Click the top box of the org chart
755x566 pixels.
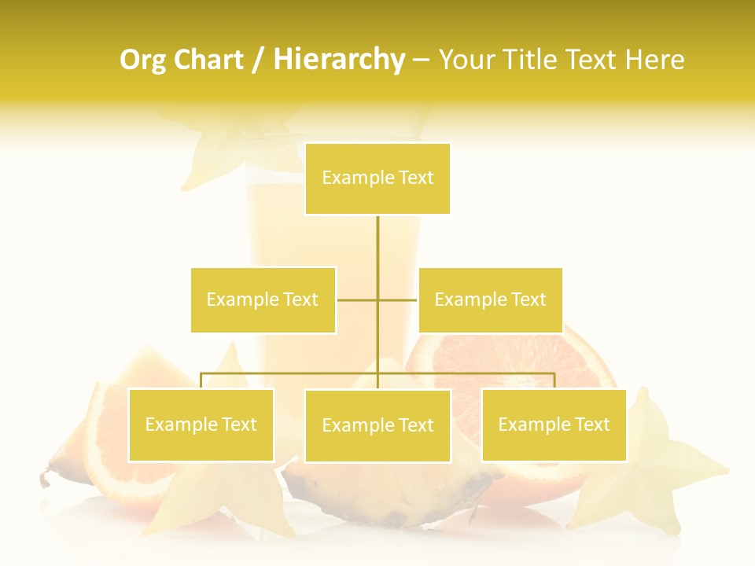(377, 178)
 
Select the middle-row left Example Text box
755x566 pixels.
(263, 300)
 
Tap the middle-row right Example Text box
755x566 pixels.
(490, 300)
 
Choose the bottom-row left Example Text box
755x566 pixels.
(201, 424)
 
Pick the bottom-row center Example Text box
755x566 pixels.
(377, 425)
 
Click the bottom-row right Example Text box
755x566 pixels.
(554, 424)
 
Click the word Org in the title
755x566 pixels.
(142, 60)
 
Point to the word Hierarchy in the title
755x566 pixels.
(338, 60)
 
